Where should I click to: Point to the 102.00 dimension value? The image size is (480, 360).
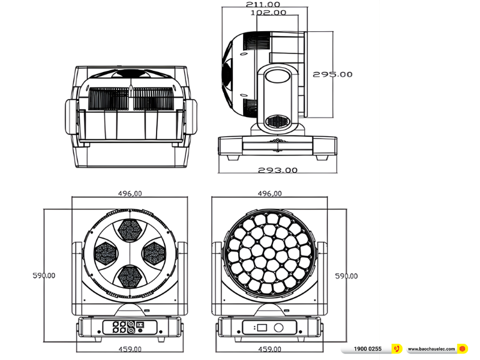[x=268, y=13]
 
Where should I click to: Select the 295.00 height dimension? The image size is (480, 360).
[x=332, y=74]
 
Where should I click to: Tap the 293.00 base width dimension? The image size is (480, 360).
[x=278, y=170]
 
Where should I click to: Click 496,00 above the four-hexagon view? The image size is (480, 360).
[x=130, y=194]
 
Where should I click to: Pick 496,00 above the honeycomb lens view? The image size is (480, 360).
[x=269, y=194]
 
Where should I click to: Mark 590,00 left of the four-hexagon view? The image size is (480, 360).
[x=44, y=276]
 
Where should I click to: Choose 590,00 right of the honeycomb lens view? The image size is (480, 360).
[x=346, y=276]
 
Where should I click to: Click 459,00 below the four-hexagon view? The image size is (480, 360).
[x=130, y=349]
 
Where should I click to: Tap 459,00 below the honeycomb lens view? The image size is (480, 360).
[x=269, y=349]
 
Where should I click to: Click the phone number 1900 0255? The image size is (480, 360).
[x=367, y=349]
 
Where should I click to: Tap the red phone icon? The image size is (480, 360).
[x=397, y=349]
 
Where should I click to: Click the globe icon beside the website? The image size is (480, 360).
[x=462, y=349]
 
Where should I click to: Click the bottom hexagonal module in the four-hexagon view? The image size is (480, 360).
[x=130, y=276]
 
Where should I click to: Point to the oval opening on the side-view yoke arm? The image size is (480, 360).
[x=278, y=75]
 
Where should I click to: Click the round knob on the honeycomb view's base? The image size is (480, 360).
[x=278, y=328]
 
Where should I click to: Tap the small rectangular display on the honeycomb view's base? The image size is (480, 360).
[x=262, y=328]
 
